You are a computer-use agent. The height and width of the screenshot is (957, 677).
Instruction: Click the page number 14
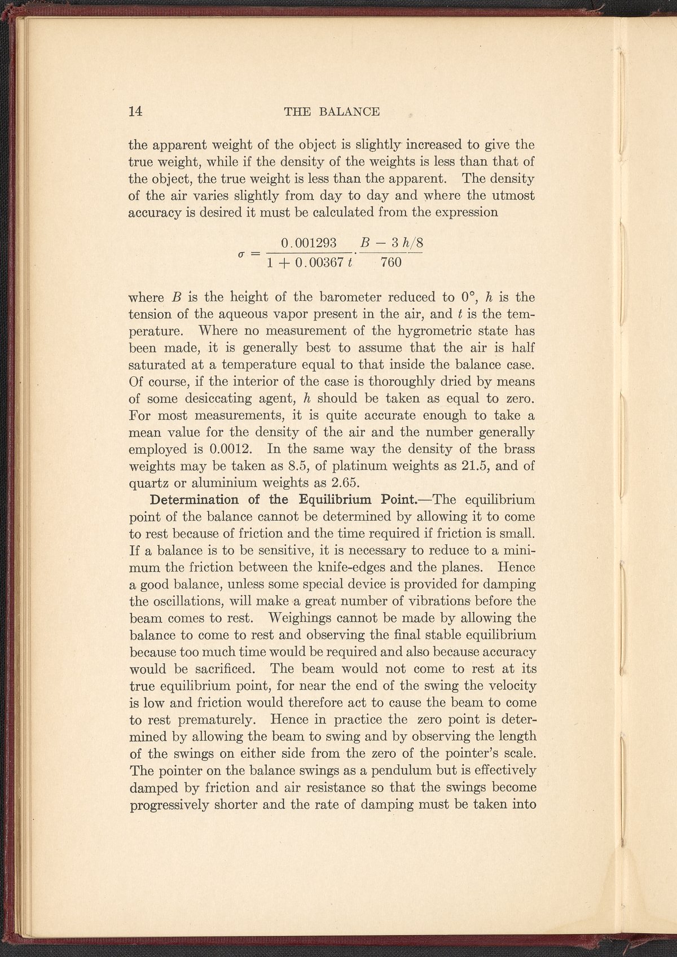click(x=135, y=111)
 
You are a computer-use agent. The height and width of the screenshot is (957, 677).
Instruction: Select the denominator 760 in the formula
click(x=391, y=262)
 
